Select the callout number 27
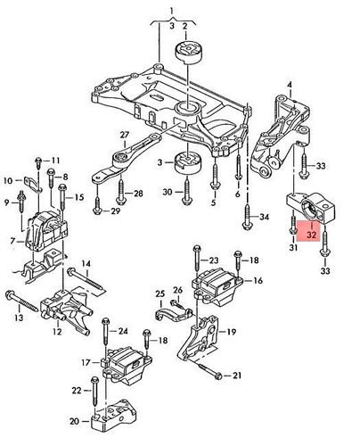(x=125, y=136)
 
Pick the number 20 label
(x=74, y=421)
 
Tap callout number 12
(x=56, y=332)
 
